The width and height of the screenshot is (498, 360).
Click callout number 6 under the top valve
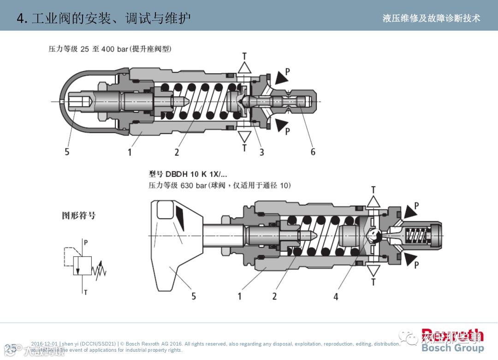[x=313, y=152]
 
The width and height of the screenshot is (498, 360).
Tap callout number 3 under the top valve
[x=261, y=152]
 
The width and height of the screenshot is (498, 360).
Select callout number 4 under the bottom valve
[x=336, y=296]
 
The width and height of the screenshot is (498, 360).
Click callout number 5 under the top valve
[x=67, y=152]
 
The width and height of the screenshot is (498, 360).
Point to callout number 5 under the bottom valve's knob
[x=194, y=296]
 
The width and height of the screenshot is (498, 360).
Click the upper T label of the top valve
[x=244, y=56]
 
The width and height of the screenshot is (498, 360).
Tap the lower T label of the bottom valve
[x=373, y=282]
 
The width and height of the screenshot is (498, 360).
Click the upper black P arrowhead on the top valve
[x=279, y=78]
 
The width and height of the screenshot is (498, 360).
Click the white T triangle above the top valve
[x=244, y=68]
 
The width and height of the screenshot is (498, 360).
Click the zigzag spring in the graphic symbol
[x=100, y=271]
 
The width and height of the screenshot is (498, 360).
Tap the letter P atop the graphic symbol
[x=86, y=242]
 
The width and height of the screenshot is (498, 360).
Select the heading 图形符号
[x=79, y=215]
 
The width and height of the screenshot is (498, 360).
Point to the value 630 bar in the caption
[x=194, y=185]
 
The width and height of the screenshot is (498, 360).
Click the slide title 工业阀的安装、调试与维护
[x=111, y=18]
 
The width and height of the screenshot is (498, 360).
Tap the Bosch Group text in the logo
[x=452, y=348]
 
